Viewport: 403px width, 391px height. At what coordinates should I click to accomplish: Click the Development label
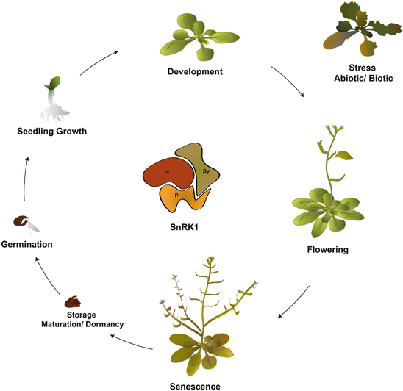tap(194, 71)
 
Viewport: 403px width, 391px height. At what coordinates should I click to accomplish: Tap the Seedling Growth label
tap(52, 132)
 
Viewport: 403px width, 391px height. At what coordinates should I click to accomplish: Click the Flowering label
tap(327, 249)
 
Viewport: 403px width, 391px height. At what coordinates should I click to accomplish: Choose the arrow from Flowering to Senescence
tap(293, 302)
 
